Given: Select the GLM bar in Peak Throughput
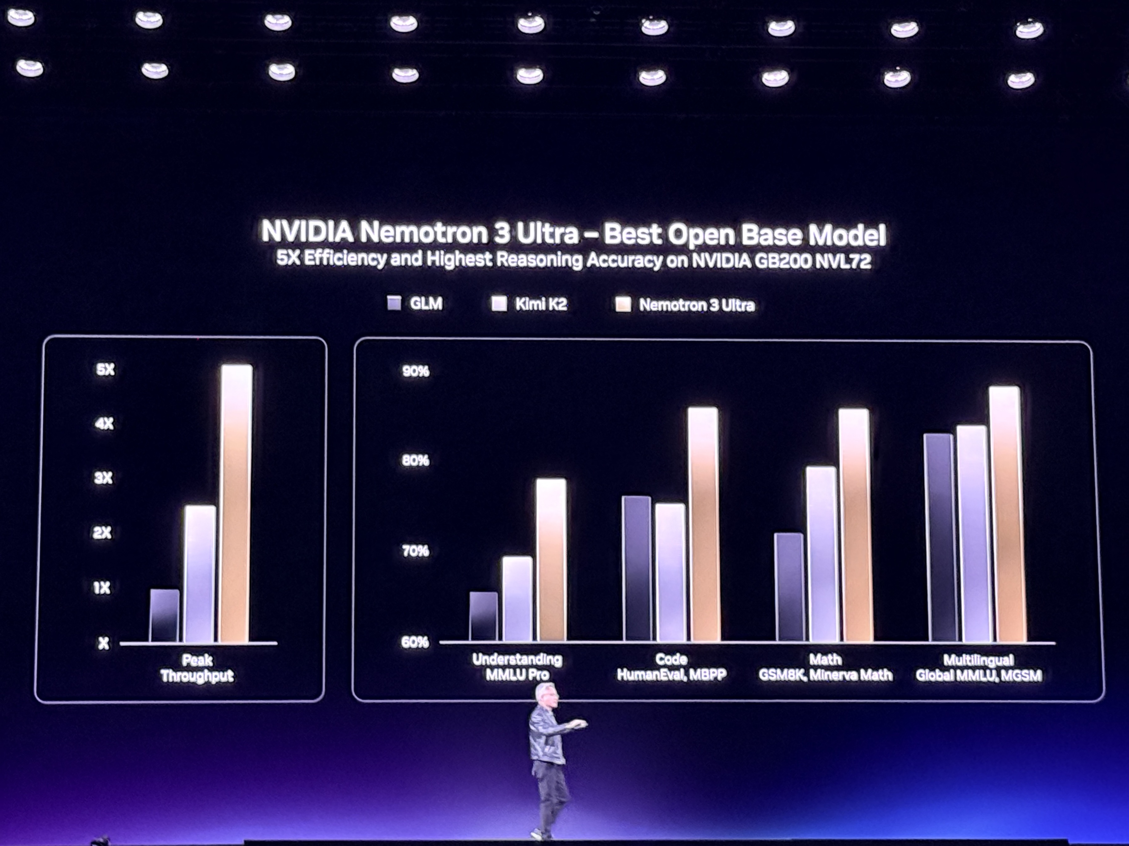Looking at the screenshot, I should pos(164,616).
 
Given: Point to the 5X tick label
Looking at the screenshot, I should pos(105,369).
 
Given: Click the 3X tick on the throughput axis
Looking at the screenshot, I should pos(103,478).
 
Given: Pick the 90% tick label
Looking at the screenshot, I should pos(416,371).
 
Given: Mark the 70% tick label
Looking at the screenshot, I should pos(415,551).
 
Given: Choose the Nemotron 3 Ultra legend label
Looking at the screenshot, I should pos(697,305).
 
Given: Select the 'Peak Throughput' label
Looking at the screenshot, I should pos(197,668).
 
